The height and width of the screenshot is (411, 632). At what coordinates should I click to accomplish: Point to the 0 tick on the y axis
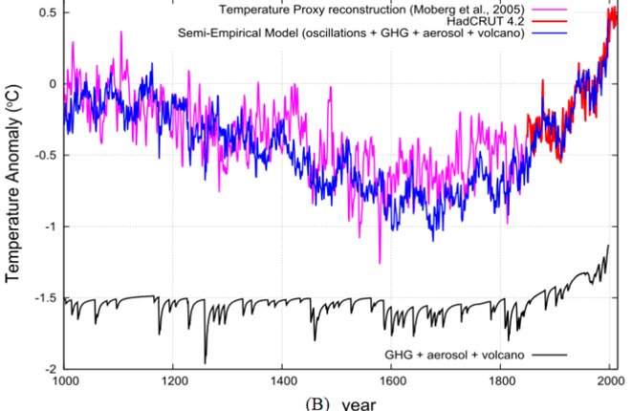pyautogui.click(x=52, y=83)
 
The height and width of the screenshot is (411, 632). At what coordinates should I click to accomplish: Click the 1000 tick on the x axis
pyautogui.click(x=64, y=382)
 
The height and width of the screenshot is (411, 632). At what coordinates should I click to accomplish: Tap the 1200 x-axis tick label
pyautogui.click(x=173, y=382)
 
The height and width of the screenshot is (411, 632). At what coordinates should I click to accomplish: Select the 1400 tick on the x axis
pyautogui.click(x=282, y=382)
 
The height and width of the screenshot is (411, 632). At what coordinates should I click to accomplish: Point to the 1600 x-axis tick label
pyautogui.click(x=391, y=382)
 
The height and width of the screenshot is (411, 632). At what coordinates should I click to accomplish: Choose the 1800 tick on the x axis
pyautogui.click(x=500, y=382)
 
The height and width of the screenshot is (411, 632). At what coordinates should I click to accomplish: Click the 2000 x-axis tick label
pyautogui.click(x=609, y=382)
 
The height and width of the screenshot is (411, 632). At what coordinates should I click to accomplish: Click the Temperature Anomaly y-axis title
pyautogui.click(x=13, y=191)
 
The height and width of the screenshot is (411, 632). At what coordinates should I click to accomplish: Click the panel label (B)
pyautogui.click(x=316, y=402)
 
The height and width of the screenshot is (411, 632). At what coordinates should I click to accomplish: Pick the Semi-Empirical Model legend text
pyautogui.click(x=358, y=34)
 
